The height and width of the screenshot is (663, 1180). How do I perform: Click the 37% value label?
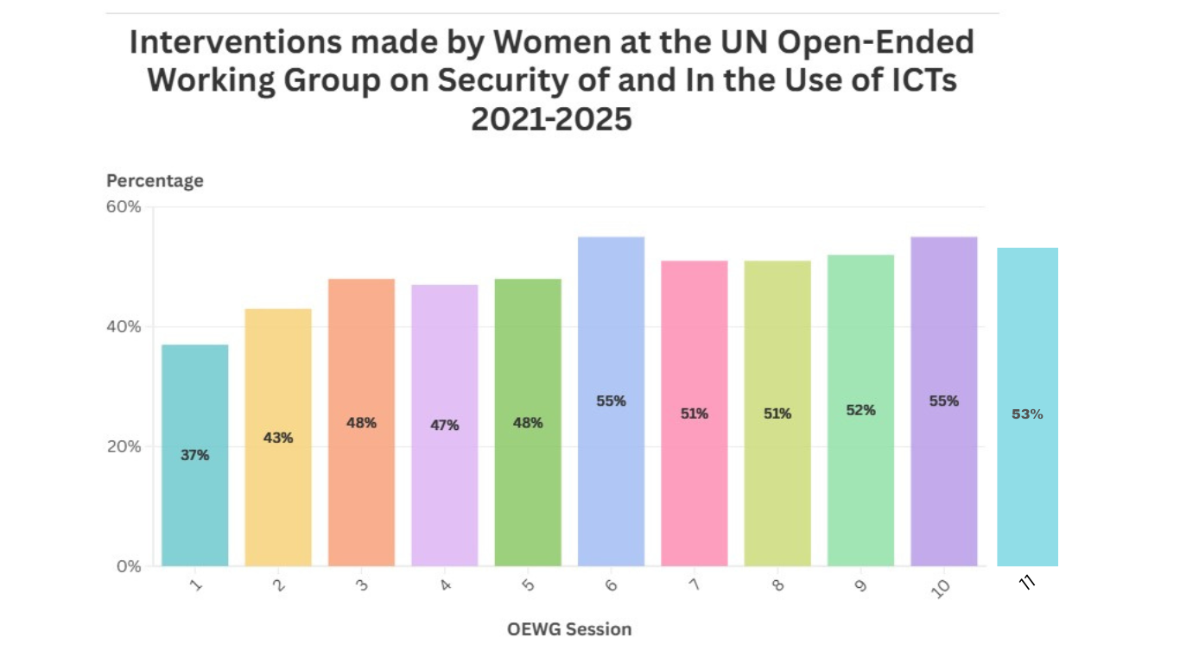(x=195, y=455)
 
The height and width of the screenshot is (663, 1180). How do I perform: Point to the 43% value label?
(x=278, y=438)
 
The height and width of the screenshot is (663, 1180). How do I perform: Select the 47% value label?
(x=445, y=425)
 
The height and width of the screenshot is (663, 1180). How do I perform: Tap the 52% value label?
(x=860, y=410)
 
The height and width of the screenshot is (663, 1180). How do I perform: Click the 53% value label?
(x=1027, y=414)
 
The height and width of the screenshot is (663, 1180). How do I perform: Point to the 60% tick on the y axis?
(x=124, y=207)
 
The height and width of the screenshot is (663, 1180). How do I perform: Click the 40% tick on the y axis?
(x=124, y=327)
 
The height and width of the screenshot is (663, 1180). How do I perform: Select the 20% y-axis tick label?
(x=124, y=446)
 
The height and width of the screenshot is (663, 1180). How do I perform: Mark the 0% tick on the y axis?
(x=128, y=566)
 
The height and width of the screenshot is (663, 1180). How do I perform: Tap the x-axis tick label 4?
(x=444, y=585)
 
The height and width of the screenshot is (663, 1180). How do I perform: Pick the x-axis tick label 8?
(x=777, y=585)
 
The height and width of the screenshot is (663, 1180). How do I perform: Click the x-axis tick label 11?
(x=1027, y=583)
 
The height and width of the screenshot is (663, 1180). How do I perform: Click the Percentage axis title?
(x=155, y=180)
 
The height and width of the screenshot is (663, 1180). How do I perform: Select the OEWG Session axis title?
(x=569, y=628)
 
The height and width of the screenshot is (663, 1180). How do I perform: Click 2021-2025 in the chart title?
(x=551, y=119)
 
